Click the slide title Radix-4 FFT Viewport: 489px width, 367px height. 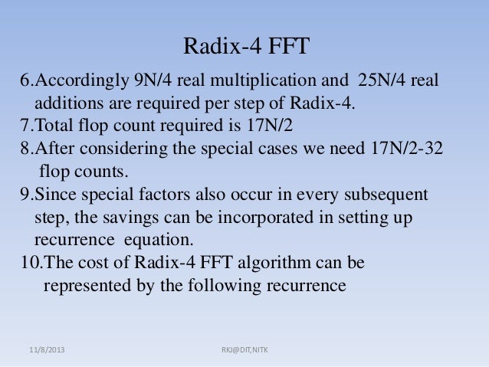(x=245, y=48)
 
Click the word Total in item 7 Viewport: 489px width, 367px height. (x=54, y=126)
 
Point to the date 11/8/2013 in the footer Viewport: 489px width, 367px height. (x=47, y=349)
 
